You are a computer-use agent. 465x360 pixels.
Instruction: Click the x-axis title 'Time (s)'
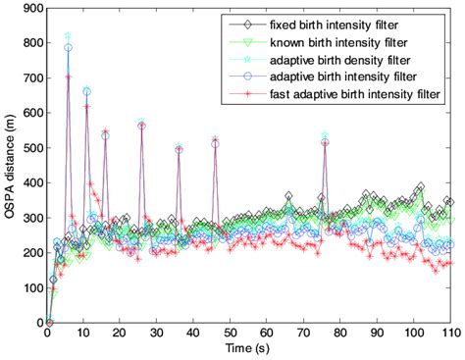[248, 351]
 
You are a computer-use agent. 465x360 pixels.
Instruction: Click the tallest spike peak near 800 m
[68, 35]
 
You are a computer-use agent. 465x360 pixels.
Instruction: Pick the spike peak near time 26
[141, 124]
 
